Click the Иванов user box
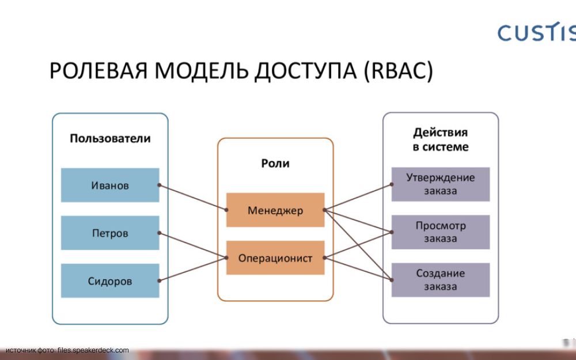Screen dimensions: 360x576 110,185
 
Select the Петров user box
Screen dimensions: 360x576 110,233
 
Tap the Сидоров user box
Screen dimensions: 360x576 110,281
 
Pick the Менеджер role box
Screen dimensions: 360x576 275,210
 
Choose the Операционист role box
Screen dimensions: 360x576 275,258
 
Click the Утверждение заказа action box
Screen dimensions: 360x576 441,184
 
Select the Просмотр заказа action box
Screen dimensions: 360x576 441,232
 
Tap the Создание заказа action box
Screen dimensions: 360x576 441,280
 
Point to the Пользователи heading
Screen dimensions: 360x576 110,138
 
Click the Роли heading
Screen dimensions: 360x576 275,164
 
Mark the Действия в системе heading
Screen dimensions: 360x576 441,139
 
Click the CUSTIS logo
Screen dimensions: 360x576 536,33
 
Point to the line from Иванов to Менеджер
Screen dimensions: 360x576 193,198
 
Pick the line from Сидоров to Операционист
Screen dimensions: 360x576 193,270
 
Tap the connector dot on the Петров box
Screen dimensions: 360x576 159,233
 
